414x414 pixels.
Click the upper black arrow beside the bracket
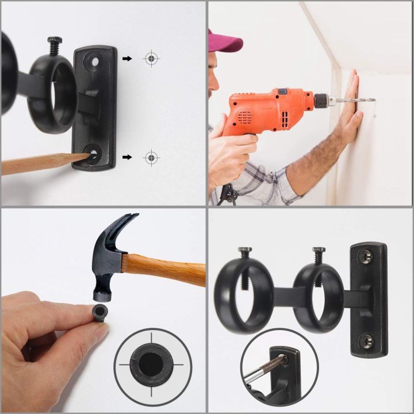127,58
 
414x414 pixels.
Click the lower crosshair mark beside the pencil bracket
151,156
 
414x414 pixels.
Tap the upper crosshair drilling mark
151,58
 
